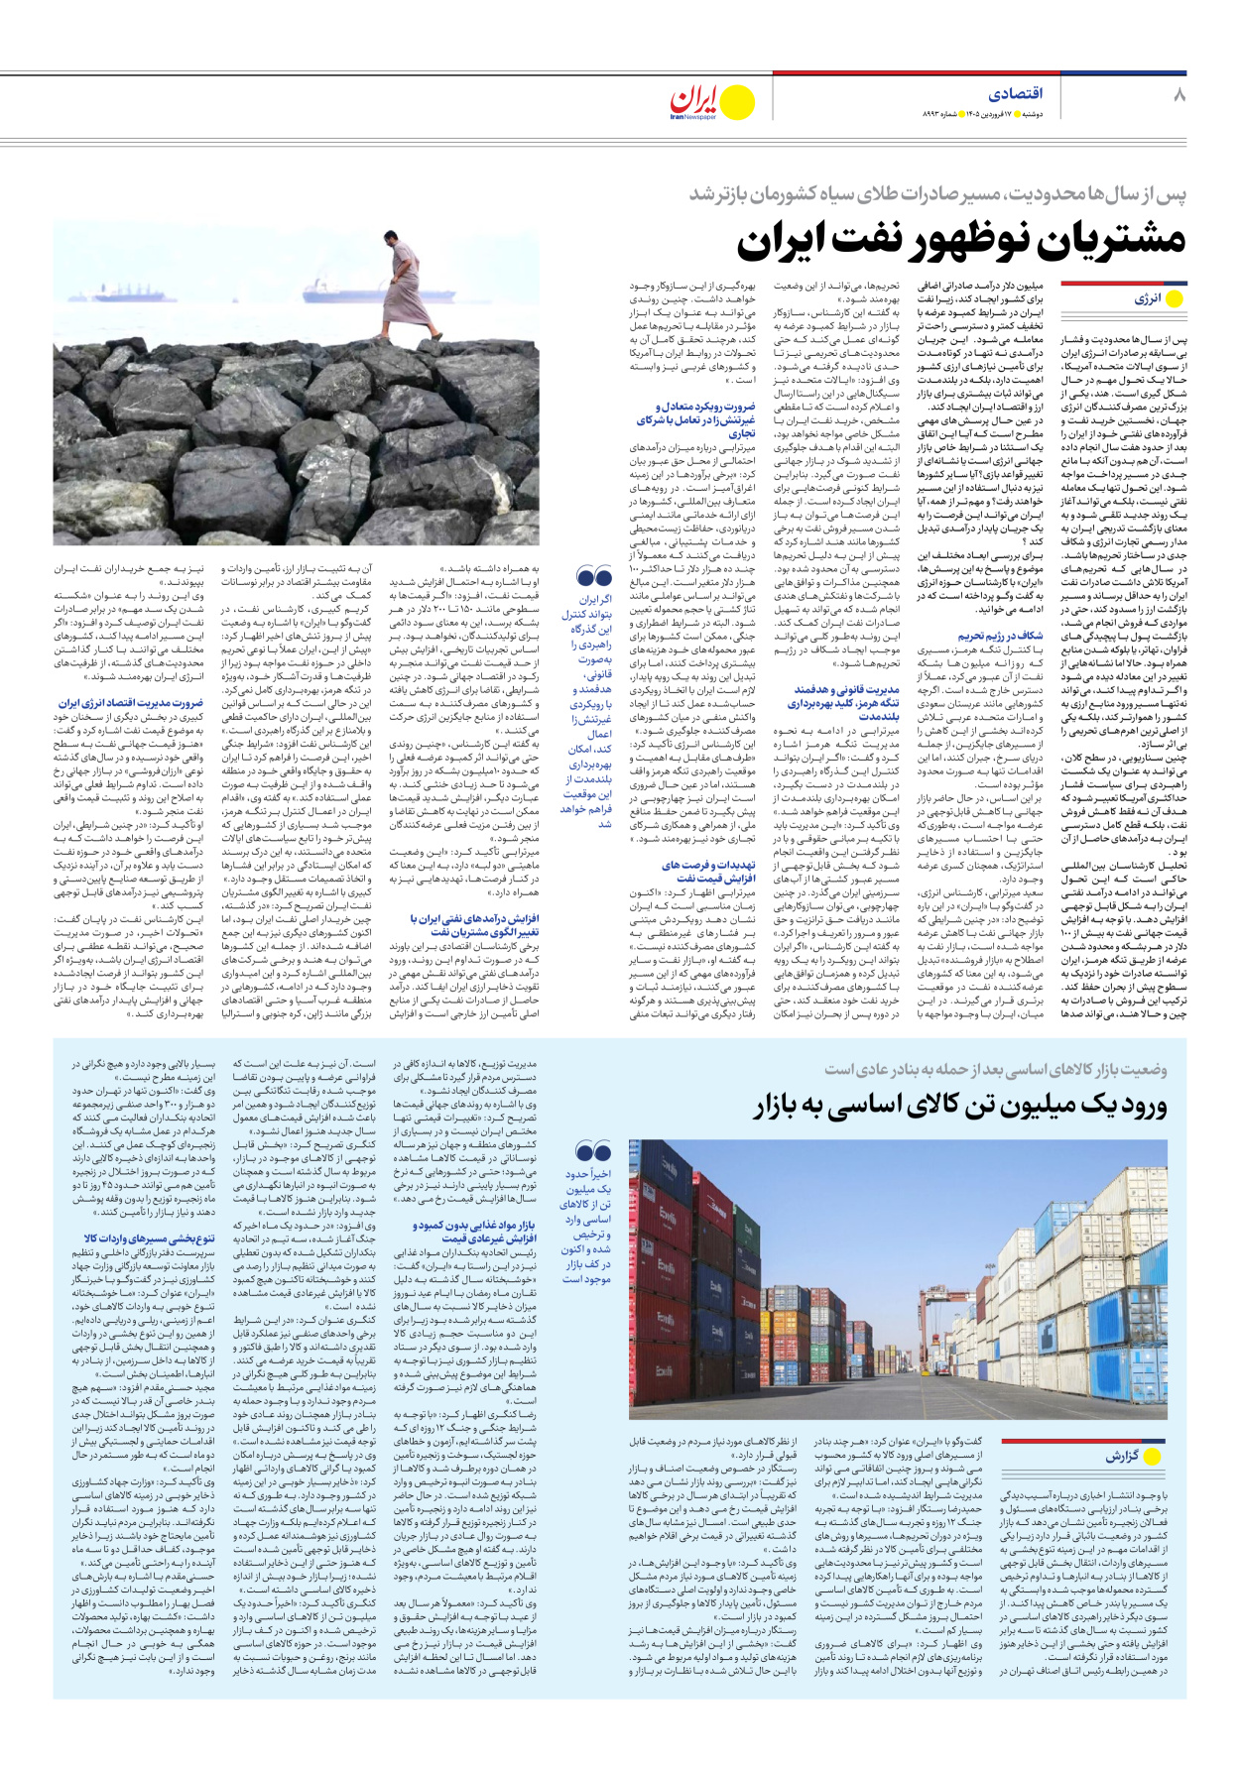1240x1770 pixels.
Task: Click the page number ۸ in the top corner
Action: pyautogui.click(x=1178, y=95)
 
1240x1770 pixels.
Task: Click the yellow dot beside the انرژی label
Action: pyautogui.click(x=1175, y=299)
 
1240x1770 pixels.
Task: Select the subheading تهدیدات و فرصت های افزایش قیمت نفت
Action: pyautogui.click(x=708, y=872)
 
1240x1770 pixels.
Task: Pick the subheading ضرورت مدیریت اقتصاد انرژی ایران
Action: pyautogui.click(x=130, y=703)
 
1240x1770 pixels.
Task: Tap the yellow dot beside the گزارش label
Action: pyautogui.click(x=1152, y=1457)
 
